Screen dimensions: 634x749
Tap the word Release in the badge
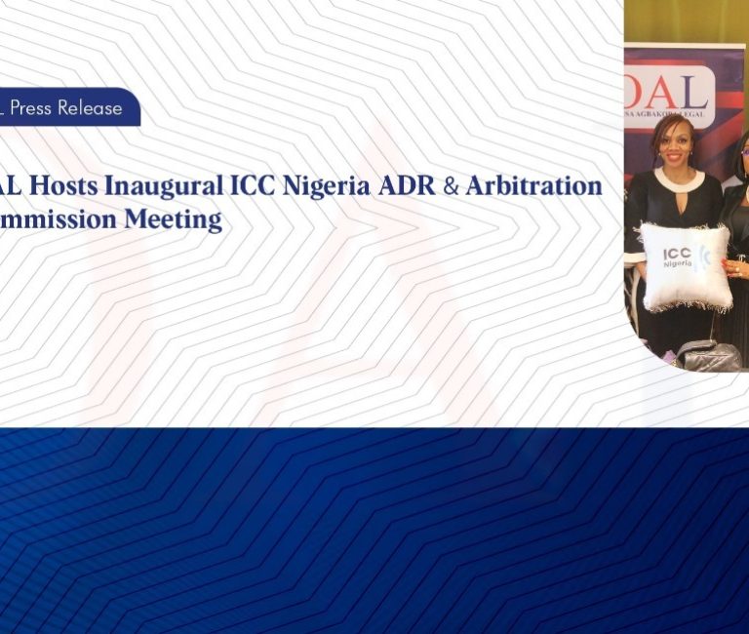(x=90, y=107)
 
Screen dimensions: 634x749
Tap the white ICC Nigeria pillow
(x=685, y=266)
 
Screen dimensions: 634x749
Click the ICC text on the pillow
(x=678, y=253)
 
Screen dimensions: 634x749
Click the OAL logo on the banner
(x=672, y=93)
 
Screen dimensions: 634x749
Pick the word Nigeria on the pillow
(x=678, y=264)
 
